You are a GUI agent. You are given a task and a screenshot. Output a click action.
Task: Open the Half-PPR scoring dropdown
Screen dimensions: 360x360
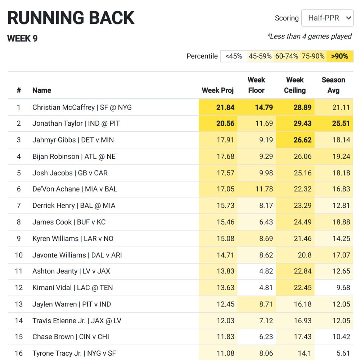327,18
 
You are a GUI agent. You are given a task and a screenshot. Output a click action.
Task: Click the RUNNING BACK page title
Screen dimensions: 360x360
71,18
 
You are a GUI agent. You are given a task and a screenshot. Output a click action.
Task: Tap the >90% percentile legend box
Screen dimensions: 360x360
339,56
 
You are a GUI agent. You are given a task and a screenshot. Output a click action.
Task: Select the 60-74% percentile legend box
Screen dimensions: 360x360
287,56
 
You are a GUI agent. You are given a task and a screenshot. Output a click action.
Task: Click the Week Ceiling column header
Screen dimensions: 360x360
294,85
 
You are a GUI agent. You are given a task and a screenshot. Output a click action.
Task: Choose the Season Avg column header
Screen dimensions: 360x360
333,85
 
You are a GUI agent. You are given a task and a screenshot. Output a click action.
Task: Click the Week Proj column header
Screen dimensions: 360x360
217,90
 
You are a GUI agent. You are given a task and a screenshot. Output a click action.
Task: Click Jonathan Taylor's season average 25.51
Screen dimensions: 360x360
340,123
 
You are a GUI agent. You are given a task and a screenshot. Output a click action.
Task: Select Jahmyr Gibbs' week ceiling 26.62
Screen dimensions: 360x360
302,140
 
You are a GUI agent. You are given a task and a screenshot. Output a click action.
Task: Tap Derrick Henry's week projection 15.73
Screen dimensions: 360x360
225,206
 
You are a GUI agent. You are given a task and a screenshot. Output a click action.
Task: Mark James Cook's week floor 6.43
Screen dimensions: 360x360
266,222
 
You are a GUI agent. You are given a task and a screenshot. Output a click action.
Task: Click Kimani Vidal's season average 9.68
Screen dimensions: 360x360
342,288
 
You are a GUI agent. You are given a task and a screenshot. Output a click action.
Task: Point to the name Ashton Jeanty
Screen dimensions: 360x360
55,271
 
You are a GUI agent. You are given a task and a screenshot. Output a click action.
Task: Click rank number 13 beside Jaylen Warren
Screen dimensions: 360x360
19,304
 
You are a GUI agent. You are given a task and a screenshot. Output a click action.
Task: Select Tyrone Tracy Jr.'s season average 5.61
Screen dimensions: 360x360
342,353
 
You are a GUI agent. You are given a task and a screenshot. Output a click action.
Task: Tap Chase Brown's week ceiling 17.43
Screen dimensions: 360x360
302,337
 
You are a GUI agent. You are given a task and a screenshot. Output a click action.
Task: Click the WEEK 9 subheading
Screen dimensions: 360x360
22,39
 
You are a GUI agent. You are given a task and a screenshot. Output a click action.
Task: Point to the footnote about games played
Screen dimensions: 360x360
309,36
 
